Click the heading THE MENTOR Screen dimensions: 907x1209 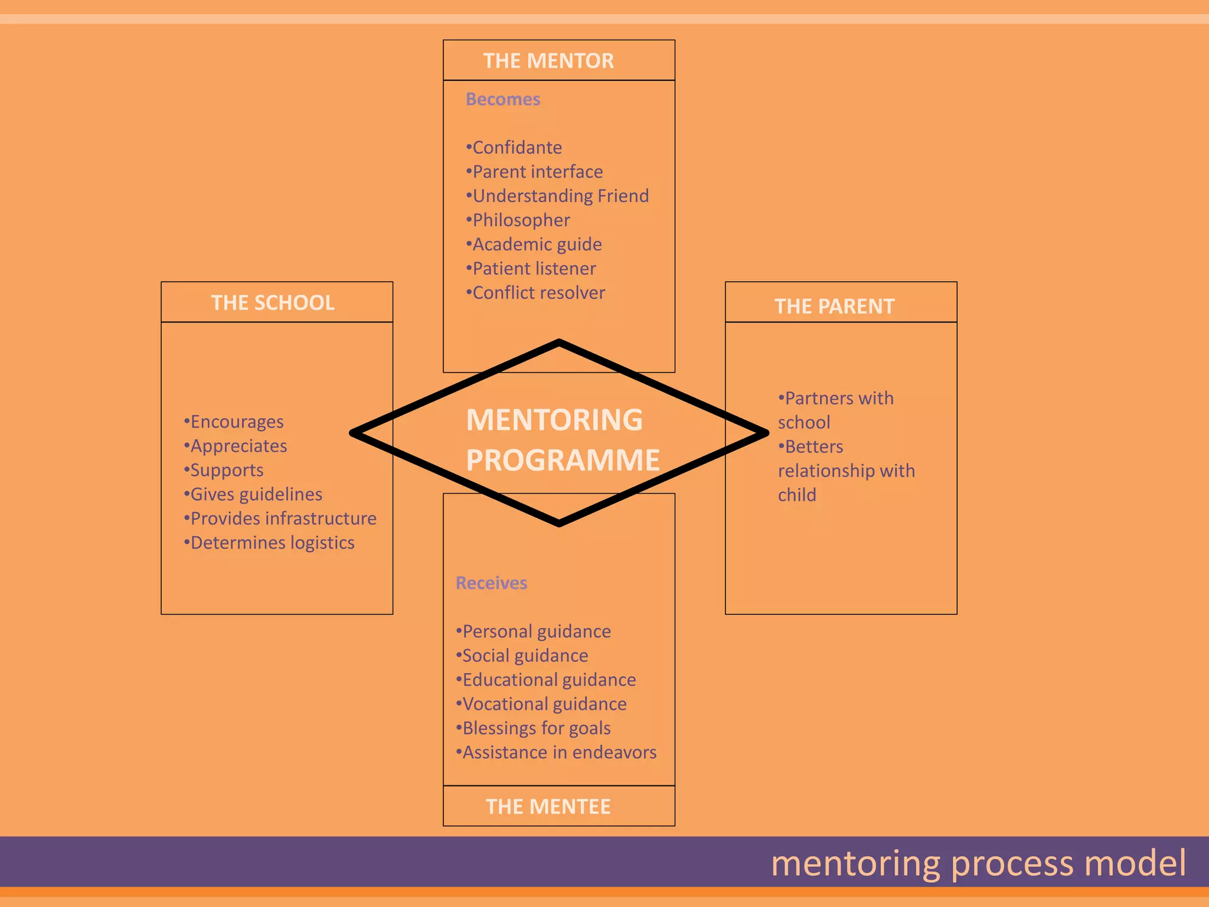tap(548, 61)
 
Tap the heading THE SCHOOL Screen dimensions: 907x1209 tap(273, 303)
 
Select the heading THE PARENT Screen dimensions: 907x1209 tap(834, 306)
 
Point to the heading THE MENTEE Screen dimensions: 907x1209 tap(548, 807)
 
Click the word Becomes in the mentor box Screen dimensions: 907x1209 tap(503, 99)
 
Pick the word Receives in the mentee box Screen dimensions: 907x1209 tap(491, 583)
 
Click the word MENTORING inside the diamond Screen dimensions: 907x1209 tap(554, 420)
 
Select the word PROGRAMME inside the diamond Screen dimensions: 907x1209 tap(563, 460)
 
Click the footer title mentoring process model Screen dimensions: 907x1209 tap(978, 863)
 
